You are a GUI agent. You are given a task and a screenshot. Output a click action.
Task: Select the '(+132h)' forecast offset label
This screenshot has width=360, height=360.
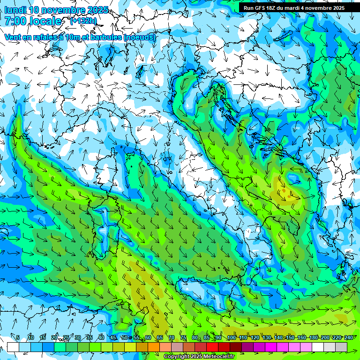[83, 21]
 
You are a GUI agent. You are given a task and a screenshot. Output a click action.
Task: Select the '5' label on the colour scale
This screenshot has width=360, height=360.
[18, 338]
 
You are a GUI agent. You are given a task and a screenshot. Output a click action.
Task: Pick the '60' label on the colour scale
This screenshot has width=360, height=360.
[148, 338]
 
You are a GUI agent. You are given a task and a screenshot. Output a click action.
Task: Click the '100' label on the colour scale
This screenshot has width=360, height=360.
[231, 338]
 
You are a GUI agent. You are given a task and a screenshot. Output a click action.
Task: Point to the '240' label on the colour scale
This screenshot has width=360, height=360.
[348, 338]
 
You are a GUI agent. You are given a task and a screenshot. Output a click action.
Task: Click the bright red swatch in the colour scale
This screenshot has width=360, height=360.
[212, 347]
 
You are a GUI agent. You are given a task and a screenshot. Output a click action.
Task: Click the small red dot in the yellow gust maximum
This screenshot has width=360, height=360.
[284, 190]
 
